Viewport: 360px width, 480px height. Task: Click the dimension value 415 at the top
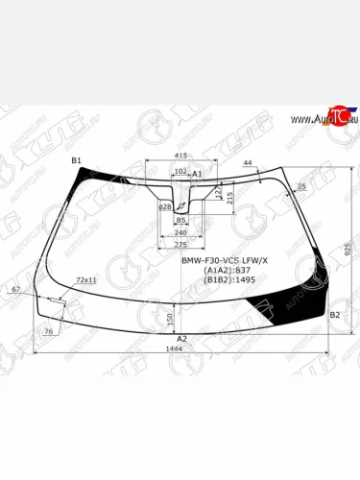point(180,155)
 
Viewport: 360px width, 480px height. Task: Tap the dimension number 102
point(180,172)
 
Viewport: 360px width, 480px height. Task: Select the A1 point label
point(198,174)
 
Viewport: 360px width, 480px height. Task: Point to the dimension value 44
point(248,164)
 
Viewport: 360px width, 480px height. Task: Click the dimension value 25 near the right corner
point(302,186)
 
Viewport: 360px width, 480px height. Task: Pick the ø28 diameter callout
point(164,206)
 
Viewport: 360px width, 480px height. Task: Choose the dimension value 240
point(180,232)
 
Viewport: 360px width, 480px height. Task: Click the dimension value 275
point(180,244)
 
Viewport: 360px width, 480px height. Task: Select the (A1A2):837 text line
point(223,272)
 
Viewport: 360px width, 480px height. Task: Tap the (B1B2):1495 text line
point(225,282)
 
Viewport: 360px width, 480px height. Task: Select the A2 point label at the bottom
point(180,338)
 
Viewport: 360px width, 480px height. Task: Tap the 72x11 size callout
point(85,279)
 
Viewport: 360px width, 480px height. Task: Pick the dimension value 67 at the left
point(16,289)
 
